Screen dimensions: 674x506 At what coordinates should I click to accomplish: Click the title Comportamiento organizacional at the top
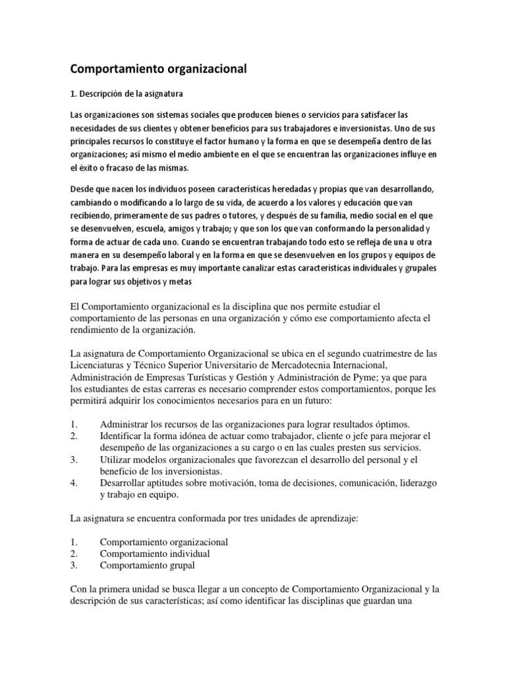point(158,68)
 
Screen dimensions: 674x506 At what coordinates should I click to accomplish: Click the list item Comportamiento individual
point(155,553)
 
